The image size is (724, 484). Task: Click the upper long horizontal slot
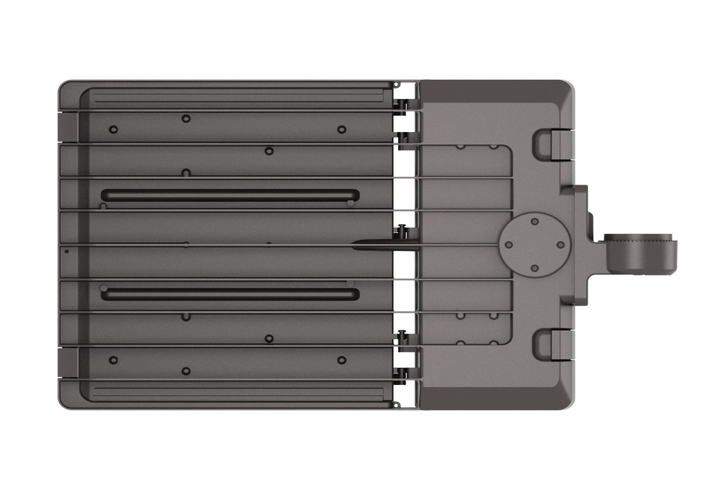click(230, 195)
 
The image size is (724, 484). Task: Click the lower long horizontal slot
click(230, 294)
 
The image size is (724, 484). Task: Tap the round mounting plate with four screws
click(534, 245)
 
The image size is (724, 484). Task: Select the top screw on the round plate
click(534, 222)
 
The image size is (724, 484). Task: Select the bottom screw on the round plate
click(534, 268)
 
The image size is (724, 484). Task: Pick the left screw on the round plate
click(509, 245)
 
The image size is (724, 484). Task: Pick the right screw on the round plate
click(560, 245)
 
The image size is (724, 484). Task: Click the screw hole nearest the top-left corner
click(113, 129)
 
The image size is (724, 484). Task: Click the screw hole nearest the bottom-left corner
click(113, 360)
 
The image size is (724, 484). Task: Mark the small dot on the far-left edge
click(67, 251)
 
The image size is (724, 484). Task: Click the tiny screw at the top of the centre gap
click(397, 85)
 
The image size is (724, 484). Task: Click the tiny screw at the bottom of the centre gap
click(397, 404)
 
